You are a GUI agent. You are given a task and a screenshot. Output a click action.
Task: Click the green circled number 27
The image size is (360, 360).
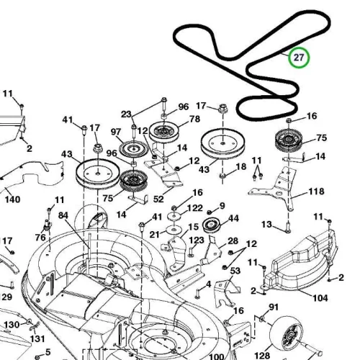click(299, 58)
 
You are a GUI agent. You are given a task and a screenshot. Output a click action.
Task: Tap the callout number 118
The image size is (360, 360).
click(316, 192)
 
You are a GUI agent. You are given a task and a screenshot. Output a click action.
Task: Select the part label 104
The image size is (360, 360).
click(320, 298)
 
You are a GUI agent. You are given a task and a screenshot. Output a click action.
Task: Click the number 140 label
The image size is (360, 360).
click(13, 199)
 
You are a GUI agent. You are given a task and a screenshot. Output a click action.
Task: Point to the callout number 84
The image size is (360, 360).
click(63, 215)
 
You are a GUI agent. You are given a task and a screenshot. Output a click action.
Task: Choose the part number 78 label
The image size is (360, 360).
click(194, 119)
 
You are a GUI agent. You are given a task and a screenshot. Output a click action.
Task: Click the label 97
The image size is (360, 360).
click(116, 132)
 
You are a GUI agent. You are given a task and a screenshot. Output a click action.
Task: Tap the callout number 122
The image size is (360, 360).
click(195, 208)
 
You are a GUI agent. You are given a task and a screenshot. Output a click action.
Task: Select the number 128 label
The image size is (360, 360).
click(262, 355)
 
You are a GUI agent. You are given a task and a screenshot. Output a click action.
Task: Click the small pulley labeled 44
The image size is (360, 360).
click(211, 225)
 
